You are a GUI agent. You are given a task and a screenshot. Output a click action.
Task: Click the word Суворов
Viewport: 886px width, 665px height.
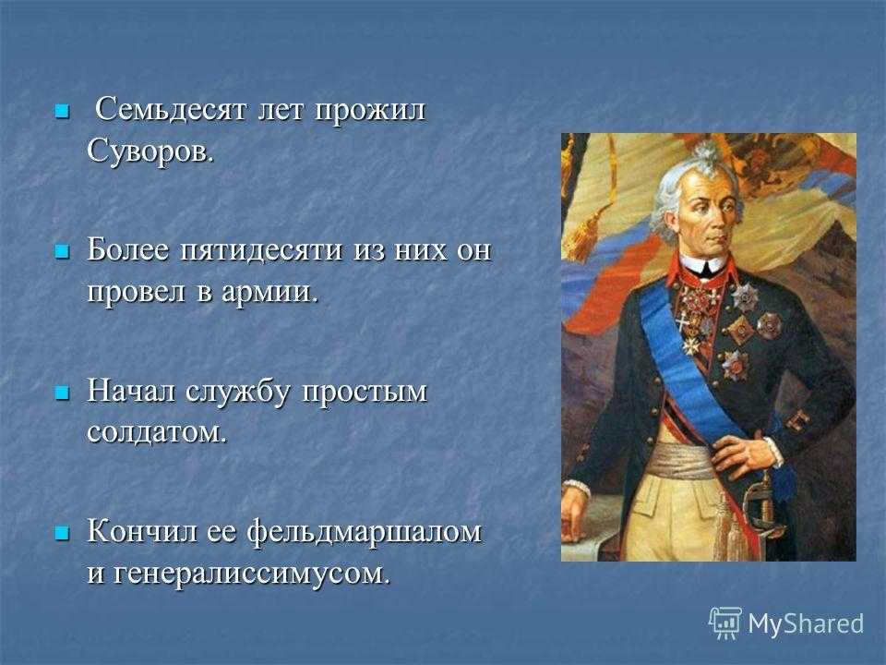pyautogui.click(x=150, y=151)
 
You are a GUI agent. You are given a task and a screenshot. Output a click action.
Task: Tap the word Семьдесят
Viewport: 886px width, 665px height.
pyautogui.click(x=171, y=109)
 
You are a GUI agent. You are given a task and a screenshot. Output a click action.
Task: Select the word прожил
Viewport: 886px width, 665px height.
pyautogui.click(x=369, y=112)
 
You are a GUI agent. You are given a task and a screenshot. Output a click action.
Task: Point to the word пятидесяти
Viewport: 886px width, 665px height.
pyautogui.click(x=261, y=250)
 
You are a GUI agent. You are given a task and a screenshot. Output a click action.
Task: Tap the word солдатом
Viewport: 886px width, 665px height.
pyautogui.click(x=157, y=432)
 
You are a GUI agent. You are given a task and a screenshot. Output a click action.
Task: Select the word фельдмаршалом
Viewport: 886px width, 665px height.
pyautogui.click(x=365, y=532)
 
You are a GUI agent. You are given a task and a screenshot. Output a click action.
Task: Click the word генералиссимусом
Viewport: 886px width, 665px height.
pyautogui.click(x=252, y=574)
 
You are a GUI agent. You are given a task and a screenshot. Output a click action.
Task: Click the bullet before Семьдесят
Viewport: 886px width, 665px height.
pyautogui.click(x=62, y=111)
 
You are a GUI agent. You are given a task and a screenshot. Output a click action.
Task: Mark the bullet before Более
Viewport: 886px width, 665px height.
pyautogui.click(x=62, y=251)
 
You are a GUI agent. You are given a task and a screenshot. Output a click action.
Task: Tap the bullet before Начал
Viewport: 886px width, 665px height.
pyautogui.click(x=62, y=392)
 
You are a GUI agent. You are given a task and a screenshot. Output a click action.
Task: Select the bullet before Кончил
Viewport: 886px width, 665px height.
pyautogui.click(x=62, y=532)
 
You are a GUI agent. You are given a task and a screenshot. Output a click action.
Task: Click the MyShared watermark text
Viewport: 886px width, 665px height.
pyautogui.click(x=806, y=624)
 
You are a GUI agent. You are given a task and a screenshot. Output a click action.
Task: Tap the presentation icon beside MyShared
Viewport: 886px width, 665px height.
pyautogui.click(x=725, y=623)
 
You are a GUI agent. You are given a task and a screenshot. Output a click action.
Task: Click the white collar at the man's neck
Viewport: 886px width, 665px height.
pyautogui.click(x=702, y=265)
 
